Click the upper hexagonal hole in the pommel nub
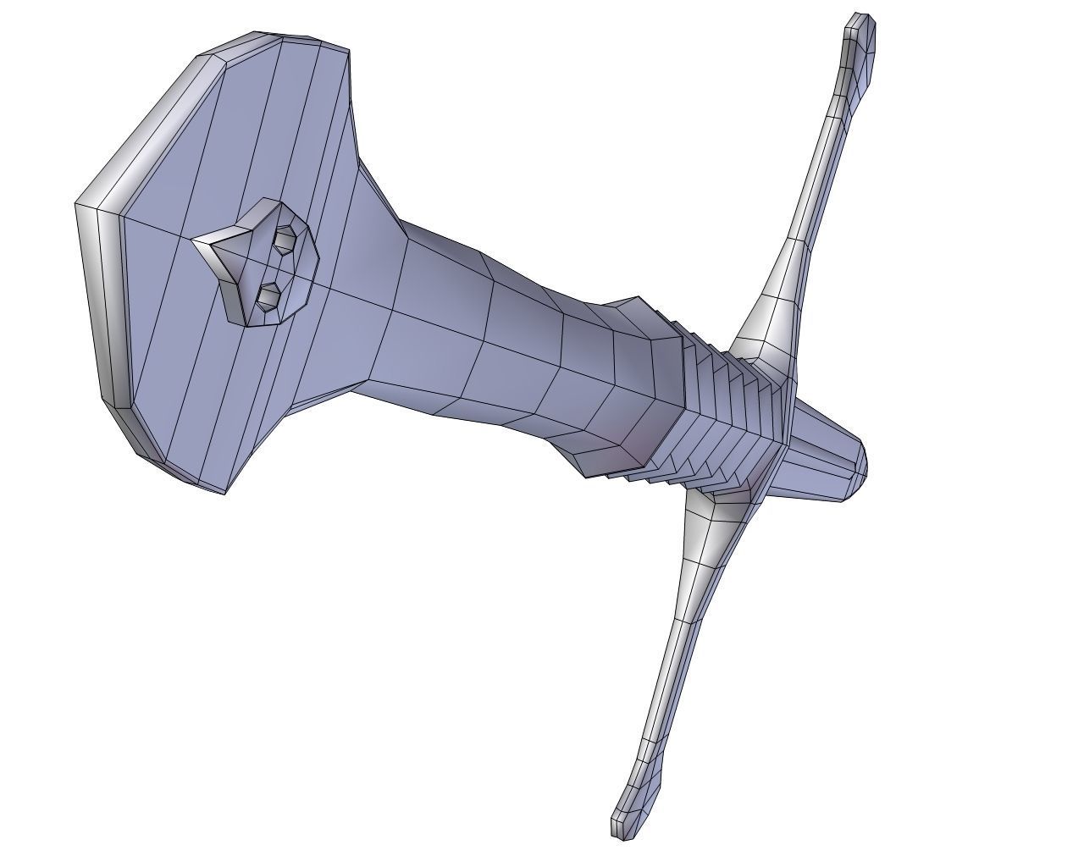(285, 239)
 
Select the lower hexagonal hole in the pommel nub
(269, 297)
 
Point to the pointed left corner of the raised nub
(194, 241)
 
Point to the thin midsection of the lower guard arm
(669, 677)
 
